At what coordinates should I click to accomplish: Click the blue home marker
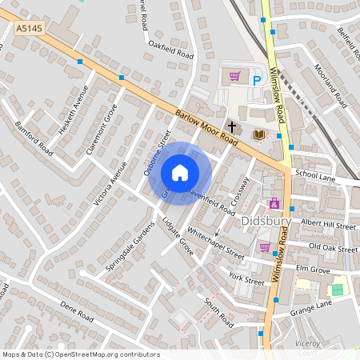180,173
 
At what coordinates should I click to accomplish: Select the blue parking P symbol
257,80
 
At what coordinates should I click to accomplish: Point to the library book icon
258,134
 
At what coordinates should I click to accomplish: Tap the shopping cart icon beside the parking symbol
234,77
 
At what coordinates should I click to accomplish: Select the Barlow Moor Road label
206,126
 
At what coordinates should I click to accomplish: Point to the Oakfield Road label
171,50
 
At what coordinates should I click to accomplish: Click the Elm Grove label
313,269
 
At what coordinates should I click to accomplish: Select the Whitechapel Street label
214,241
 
